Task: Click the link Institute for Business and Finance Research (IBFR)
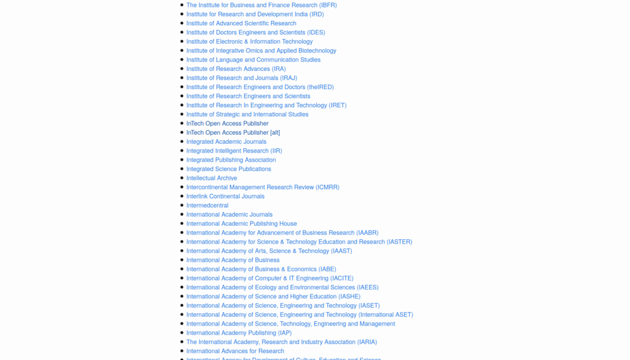261,5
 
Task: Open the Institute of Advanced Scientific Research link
241,23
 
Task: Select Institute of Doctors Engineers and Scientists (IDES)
255,33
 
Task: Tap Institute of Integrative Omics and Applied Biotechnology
261,50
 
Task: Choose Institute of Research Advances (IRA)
236,69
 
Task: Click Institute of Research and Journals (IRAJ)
241,78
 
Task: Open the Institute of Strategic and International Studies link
247,114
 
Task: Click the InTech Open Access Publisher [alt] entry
233,132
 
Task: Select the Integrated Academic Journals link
226,142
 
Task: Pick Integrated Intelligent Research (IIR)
234,151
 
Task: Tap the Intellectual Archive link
212,178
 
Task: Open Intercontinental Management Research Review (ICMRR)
263,187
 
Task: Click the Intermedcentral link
207,206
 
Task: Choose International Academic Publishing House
241,224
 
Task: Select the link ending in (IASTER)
399,242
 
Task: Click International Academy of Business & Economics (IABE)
261,270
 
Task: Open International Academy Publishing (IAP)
239,333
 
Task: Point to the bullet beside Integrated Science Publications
181,169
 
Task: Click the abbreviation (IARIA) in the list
367,342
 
